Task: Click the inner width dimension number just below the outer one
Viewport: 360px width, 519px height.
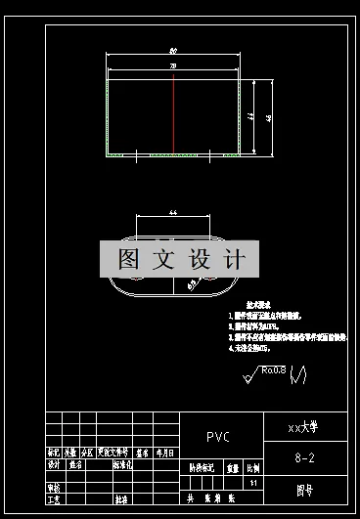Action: [173, 65]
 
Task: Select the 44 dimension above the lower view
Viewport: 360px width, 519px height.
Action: [173, 211]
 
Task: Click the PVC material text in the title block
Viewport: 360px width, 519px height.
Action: [220, 437]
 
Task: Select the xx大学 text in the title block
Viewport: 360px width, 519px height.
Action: [301, 427]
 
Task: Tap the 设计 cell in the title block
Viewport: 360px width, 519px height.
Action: [55, 465]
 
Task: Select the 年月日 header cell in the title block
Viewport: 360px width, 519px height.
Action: [165, 454]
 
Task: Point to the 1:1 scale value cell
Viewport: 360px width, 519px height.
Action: [254, 483]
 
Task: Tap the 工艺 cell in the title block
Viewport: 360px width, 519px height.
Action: [55, 499]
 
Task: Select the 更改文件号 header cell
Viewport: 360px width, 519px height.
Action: [113, 454]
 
